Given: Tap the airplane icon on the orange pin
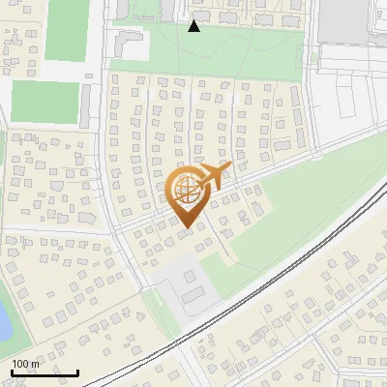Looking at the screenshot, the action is [214, 175].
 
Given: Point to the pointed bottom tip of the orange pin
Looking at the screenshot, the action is [187, 227].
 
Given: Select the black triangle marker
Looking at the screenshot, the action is [194, 26].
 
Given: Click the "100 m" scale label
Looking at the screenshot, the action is [25, 364].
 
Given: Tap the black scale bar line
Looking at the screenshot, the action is [45, 372].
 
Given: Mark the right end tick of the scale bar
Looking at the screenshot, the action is [77, 371].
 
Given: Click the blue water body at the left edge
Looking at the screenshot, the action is [4, 319].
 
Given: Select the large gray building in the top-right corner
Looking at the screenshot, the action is [344, 20].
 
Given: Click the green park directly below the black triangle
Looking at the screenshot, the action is [232, 53].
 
